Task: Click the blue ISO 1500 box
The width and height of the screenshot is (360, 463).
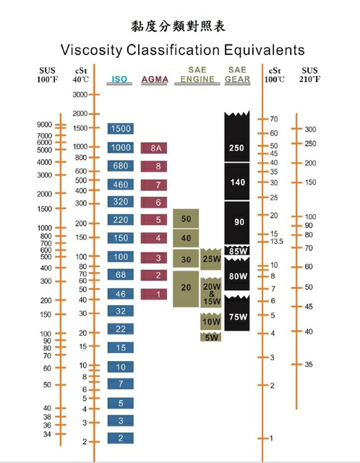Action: coord(121,129)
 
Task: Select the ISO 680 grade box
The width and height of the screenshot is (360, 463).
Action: coord(121,166)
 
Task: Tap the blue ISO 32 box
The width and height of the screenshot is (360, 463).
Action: coord(121,311)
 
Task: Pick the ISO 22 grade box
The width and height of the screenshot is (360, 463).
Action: coord(121,329)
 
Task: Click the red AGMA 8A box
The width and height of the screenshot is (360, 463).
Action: coord(154,148)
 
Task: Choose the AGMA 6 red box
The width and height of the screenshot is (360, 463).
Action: coord(154,203)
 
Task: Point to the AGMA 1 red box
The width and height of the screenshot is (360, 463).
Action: coord(154,294)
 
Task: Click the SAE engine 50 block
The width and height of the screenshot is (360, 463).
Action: coord(186,218)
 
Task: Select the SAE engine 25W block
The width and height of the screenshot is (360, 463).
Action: coord(211,259)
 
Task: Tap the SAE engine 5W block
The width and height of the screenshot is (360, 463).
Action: coord(211,337)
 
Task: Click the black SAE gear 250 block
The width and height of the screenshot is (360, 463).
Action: coord(237,137)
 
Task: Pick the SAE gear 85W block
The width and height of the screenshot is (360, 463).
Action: coord(237,250)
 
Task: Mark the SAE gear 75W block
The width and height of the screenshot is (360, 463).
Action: coord(237,313)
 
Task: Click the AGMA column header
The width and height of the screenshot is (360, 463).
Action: coord(155,80)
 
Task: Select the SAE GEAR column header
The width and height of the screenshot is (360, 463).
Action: coord(238,75)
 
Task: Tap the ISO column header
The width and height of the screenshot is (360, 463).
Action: coord(119,80)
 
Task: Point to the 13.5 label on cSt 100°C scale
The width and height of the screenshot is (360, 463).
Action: coord(277,242)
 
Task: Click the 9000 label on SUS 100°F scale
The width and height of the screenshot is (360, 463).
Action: coord(44,124)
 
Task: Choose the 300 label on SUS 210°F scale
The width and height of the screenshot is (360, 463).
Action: coord(310,129)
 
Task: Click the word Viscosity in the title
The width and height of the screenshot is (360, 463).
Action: coord(91,50)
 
